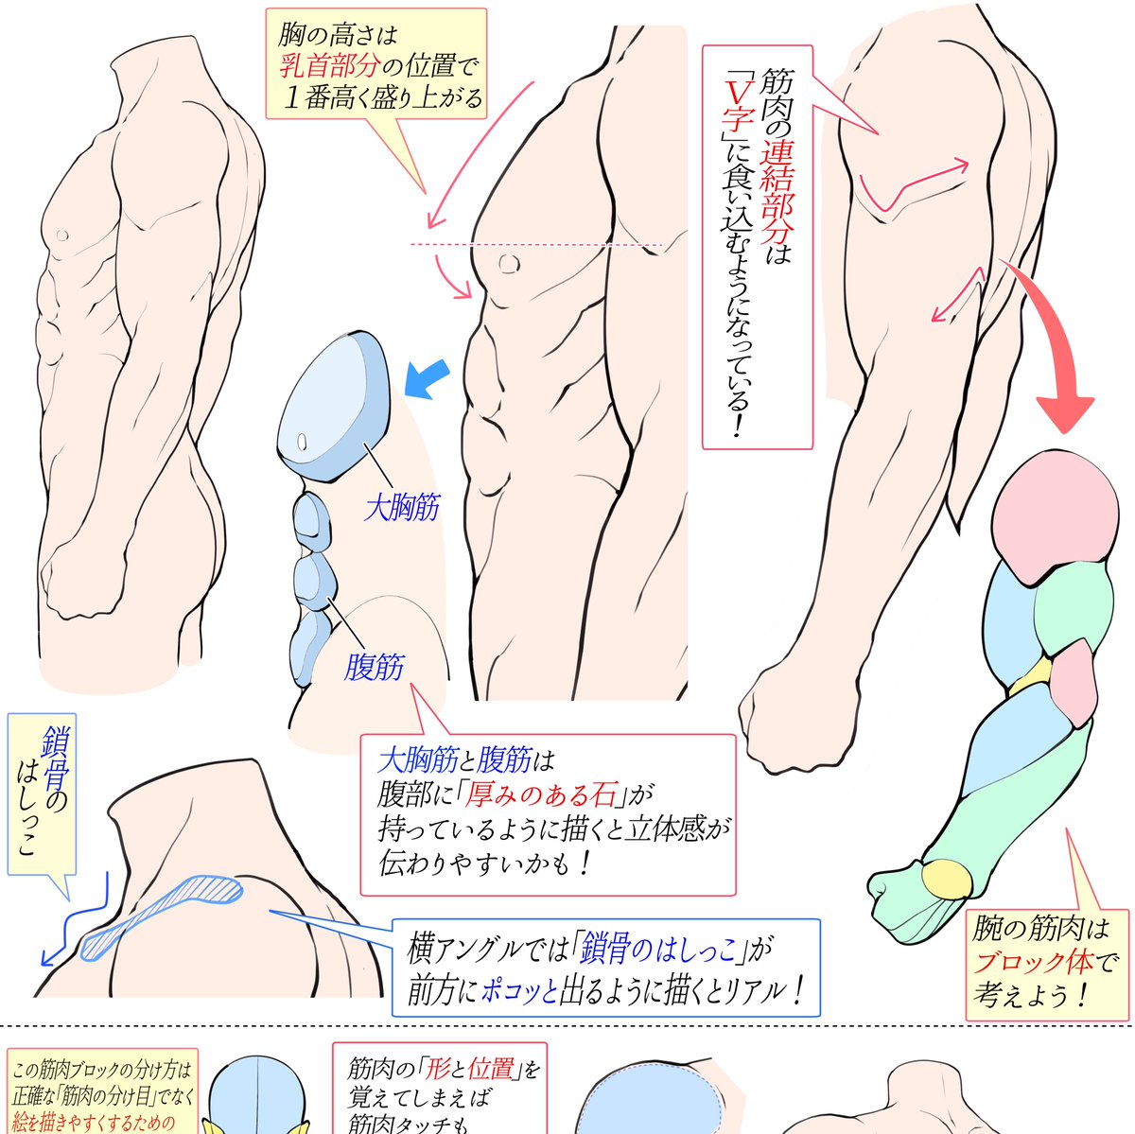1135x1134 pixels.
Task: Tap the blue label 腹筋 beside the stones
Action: (374, 668)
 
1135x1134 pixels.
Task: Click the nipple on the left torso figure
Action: (63, 234)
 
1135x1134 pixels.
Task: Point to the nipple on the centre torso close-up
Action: (509, 263)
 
